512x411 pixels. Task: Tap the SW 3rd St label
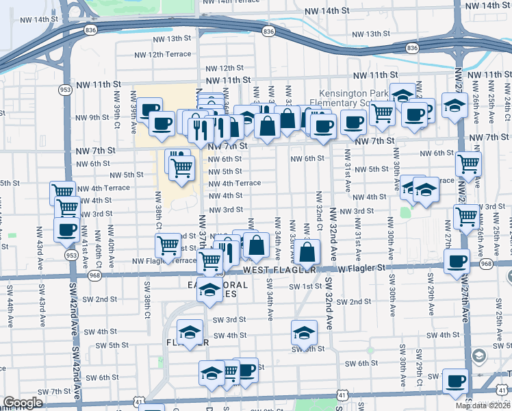pos(229,319)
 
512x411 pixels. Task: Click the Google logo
pos(23,403)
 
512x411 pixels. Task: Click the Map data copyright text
pos(482,406)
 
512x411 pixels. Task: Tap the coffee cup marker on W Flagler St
pos(457,260)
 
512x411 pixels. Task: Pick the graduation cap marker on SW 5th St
pos(303,332)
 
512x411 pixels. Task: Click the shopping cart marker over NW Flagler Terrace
pos(209,260)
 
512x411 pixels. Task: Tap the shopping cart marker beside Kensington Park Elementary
pos(382,111)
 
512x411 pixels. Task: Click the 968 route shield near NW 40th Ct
pos(93,275)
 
